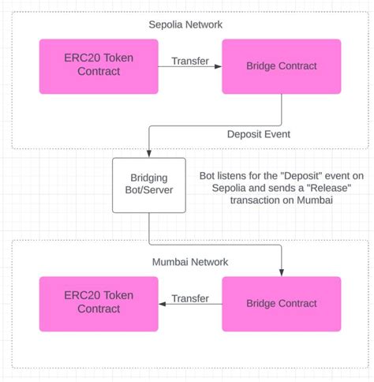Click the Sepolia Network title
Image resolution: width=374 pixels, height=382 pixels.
pyautogui.click(x=185, y=24)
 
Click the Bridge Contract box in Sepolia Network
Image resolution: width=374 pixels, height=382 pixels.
pyautogui.click(x=282, y=67)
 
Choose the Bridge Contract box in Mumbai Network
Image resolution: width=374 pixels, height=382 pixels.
pyautogui.click(x=282, y=303)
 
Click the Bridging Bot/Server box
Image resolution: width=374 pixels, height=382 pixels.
pyautogui.click(x=148, y=185)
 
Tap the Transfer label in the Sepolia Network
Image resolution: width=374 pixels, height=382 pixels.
pyautogui.click(x=189, y=60)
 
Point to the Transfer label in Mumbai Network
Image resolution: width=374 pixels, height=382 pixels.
pyautogui.click(x=189, y=298)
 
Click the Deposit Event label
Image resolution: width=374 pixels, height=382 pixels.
pyautogui.click(x=258, y=134)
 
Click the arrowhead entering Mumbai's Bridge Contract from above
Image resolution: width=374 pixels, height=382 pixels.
pyautogui.click(x=282, y=272)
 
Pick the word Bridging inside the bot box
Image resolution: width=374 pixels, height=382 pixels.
pyautogui.click(x=148, y=178)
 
